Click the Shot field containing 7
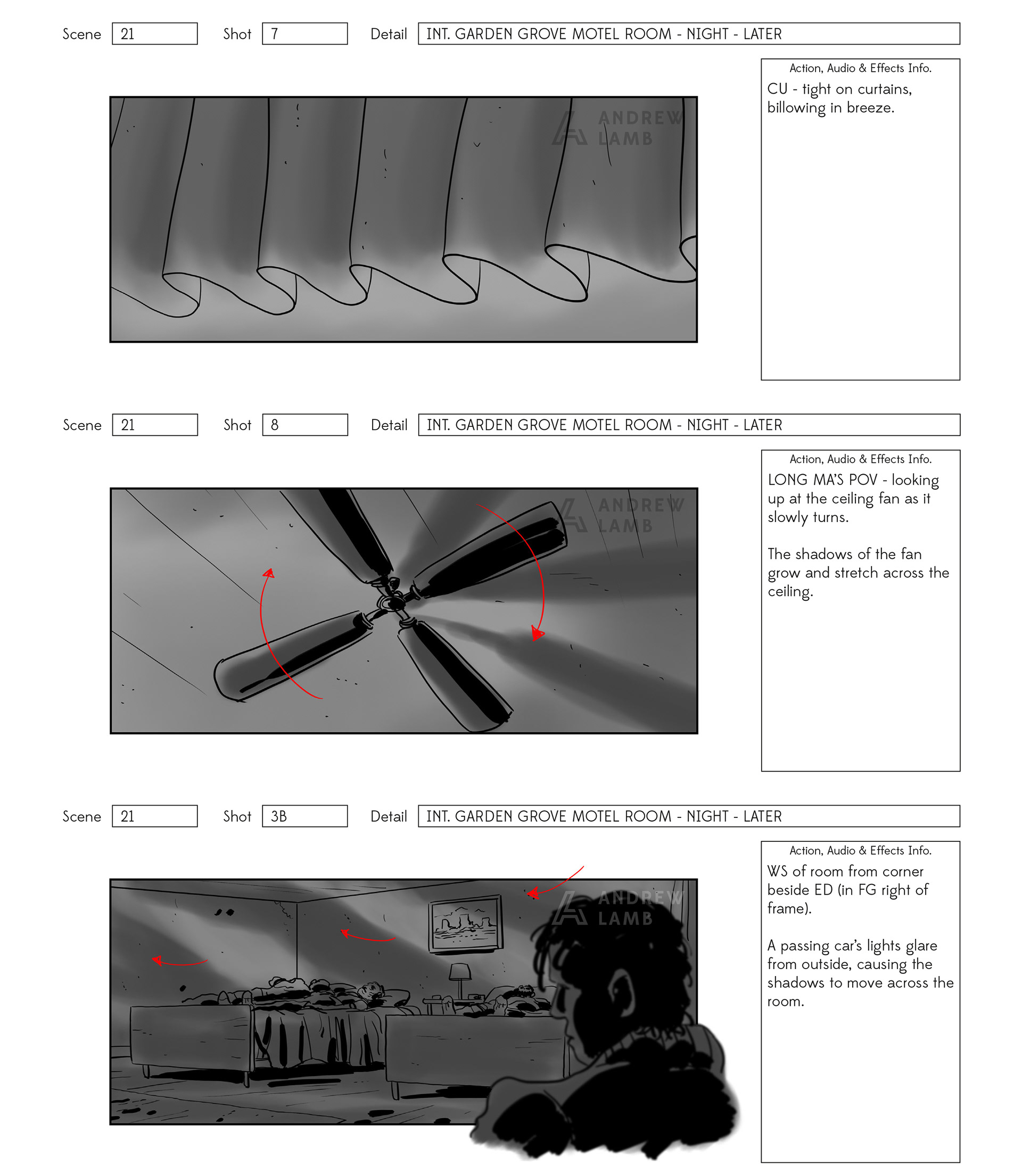(304, 34)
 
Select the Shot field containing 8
(305, 425)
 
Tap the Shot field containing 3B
(304, 816)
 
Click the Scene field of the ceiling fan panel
(155, 425)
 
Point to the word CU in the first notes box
(777, 89)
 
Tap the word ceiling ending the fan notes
(790, 592)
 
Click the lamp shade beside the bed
(460, 972)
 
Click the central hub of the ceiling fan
(393, 601)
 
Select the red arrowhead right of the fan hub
(537, 633)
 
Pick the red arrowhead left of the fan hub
(269, 573)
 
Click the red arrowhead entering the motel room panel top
(532, 893)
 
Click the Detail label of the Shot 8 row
(389, 425)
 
